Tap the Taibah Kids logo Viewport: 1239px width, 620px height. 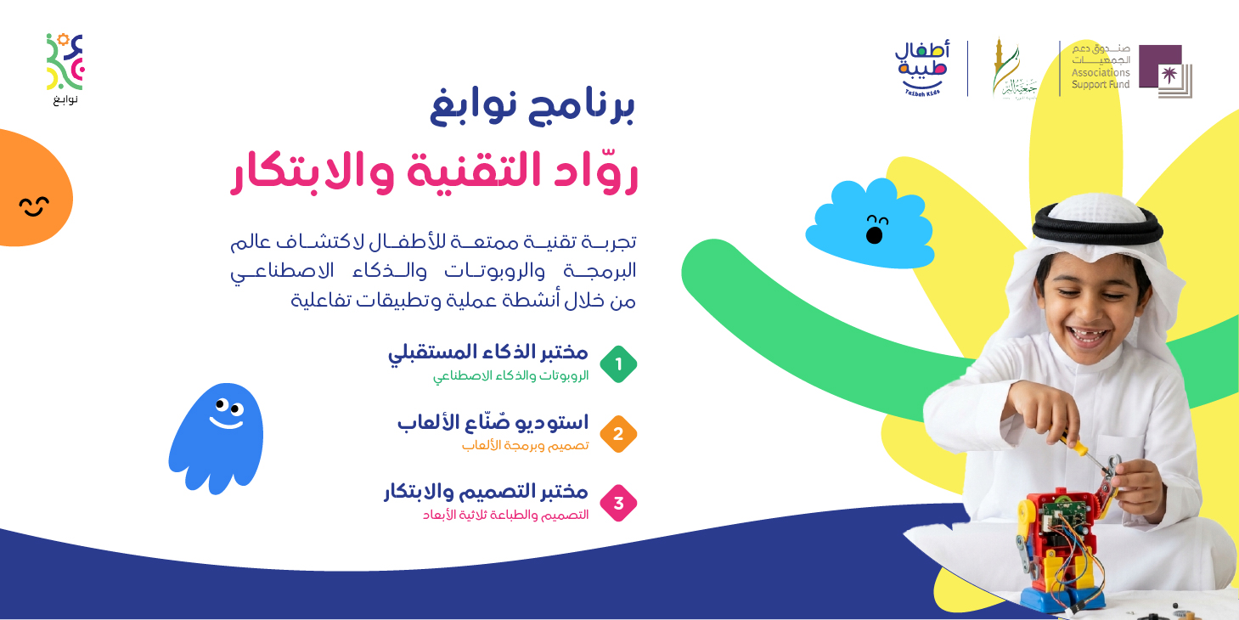[921, 67]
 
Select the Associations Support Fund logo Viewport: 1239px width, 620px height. [1131, 68]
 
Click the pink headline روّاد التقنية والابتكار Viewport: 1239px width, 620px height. [434, 171]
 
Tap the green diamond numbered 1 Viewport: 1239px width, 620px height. [618, 364]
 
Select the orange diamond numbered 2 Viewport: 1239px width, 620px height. [618, 434]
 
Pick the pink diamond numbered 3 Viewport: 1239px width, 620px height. [618, 503]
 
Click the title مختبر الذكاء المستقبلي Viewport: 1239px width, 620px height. [488, 352]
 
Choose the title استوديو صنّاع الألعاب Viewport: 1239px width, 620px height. [493, 422]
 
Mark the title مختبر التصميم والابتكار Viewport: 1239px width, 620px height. [486, 492]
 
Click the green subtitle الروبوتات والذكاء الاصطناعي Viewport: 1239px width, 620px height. [510, 375]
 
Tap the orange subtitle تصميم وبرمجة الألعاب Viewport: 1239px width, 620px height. [525, 445]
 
